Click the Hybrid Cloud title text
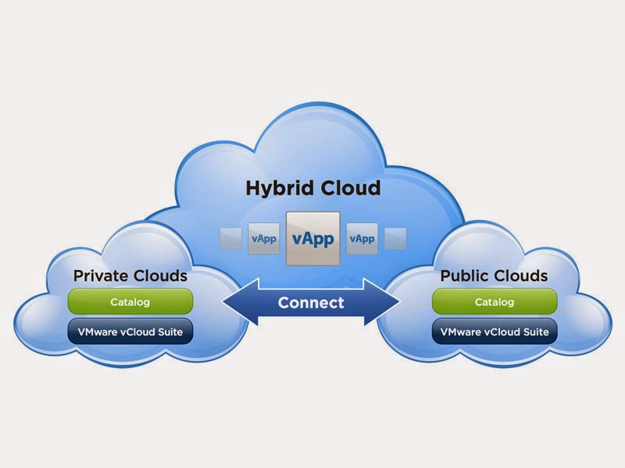(313, 188)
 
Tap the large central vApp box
(313, 238)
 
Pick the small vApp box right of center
(360, 238)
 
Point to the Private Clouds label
(130, 276)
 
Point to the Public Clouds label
(494, 276)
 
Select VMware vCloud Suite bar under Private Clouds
(130, 331)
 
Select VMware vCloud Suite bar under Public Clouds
(495, 331)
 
